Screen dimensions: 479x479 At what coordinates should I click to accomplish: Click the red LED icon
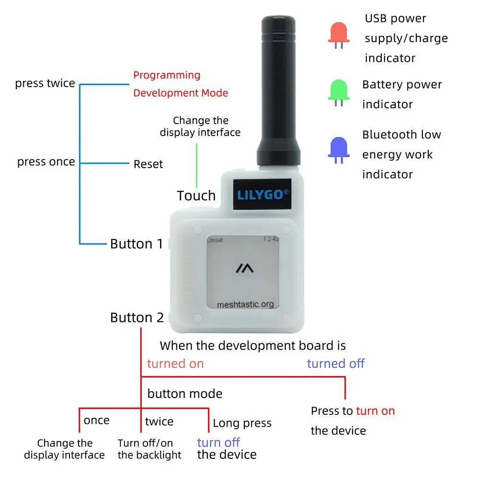pos(339,35)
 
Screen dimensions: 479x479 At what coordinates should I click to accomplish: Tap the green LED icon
pos(339,92)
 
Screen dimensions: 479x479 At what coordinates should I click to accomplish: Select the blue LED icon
pos(339,150)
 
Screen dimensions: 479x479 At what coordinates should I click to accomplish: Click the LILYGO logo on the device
pos(262,194)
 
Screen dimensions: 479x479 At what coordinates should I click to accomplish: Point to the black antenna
pos(279,91)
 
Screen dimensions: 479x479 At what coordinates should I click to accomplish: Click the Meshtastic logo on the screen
pos(244,269)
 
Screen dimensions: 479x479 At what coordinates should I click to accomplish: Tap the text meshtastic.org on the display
pos(245,305)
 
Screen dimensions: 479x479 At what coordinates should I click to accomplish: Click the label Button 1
pos(137,244)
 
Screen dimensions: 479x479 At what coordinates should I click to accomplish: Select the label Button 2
pos(137,318)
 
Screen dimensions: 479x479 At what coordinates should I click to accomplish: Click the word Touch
pos(196,195)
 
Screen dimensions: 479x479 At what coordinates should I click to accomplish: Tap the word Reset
pos(148,164)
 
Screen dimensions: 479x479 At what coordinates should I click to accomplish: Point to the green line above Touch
pos(196,166)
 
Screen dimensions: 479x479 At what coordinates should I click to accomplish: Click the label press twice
pos(45,83)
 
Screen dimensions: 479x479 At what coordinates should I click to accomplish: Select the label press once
pos(46,162)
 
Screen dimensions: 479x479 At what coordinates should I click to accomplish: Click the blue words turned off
pos(336,364)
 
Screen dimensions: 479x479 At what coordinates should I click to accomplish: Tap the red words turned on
pos(175,364)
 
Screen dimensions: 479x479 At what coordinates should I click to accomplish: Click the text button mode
pos(185,393)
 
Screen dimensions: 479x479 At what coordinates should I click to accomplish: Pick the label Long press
pos(242,423)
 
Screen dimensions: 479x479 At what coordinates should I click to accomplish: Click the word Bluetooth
pos(389,135)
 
